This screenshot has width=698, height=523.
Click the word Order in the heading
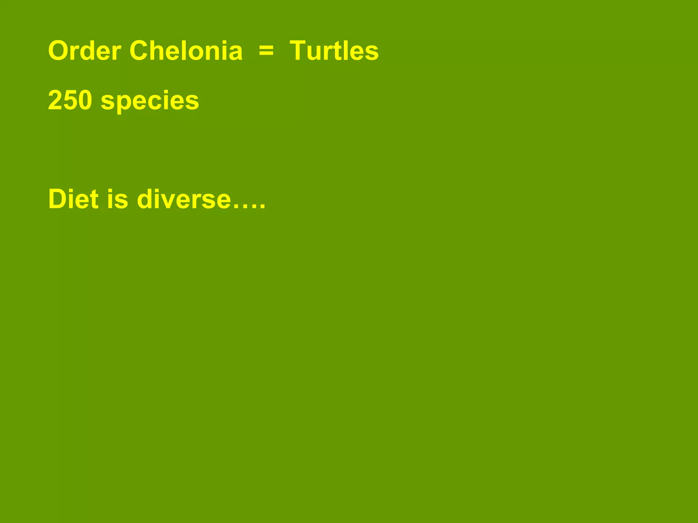[85, 51]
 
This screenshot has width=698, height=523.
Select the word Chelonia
[186, 51]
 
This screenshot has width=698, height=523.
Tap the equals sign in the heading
[266, 51]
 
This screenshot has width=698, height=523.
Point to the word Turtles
[334, 51]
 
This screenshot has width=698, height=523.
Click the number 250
[70, 100]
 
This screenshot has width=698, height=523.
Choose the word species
[150, 101]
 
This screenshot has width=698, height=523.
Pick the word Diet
[74, 199]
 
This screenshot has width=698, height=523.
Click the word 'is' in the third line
[118, 199]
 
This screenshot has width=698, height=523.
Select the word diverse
[184, 199]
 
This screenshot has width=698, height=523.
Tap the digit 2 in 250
[56, 100]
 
